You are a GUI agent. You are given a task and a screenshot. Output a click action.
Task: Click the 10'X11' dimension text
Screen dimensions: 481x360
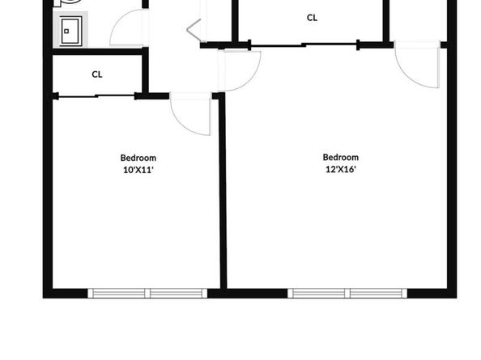coord(138,170)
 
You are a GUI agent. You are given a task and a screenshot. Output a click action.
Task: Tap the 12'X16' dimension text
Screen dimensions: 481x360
coord(340,169)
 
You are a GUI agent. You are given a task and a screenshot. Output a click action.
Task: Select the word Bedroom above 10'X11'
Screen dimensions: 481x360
coord(138,158)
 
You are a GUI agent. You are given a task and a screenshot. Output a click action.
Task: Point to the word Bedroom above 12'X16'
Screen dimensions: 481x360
coord(340,157)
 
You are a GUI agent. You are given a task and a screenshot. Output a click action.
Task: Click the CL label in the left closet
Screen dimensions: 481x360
coord(97,74)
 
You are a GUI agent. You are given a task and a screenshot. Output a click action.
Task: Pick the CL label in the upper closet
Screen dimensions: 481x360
coord(312,18)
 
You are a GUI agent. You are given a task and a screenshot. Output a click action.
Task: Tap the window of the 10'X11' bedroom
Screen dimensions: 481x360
coord(147,293)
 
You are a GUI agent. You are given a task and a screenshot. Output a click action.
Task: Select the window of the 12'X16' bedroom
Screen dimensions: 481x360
coord(347,293)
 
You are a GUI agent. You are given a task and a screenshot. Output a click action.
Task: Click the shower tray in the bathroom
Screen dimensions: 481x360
coord(71,31)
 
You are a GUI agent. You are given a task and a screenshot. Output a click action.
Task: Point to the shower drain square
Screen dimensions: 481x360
coord(66,32)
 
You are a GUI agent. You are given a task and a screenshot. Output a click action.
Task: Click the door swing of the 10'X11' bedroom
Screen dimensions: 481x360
coord(191,114)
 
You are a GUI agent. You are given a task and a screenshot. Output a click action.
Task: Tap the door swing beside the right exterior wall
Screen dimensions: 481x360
coord(417,65)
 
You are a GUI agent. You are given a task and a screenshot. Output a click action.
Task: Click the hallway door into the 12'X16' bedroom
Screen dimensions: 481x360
coord(239,70)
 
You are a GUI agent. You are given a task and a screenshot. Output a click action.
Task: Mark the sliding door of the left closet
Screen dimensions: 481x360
coord(96,96)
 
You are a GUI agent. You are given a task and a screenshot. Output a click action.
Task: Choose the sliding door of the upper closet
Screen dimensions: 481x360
coord(304,45)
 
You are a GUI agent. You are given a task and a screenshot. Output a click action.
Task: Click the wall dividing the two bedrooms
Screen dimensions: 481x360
coord(223,191)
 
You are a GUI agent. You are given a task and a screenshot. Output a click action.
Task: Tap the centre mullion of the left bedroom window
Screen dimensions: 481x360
coord(147,293)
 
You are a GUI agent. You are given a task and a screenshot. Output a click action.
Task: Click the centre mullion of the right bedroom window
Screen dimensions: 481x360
coord(347,293)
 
